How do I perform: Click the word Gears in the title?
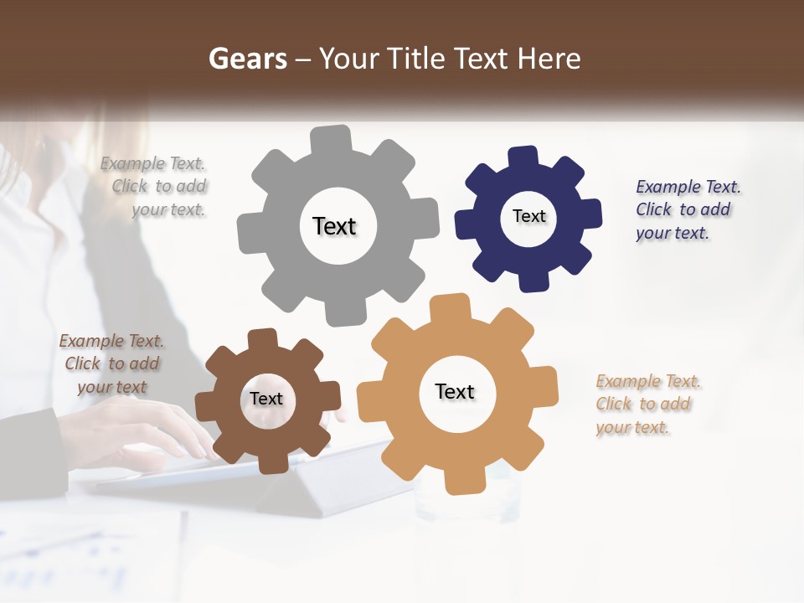click(x=247, y=59)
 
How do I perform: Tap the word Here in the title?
click(x=549, y=59)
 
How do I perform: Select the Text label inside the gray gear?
click(x=334, y=226)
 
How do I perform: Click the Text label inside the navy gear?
click(x=528, y=216)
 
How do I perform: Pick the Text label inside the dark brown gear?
click(x=265, y=399)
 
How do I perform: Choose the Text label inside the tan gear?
click(x=455, y=391)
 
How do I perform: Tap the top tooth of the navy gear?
click(x=523, y=157)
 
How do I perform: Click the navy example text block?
click(x=686, y=209)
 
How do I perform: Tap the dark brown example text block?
click(x=111, y=363)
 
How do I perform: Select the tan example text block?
click(x=647, y=404)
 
